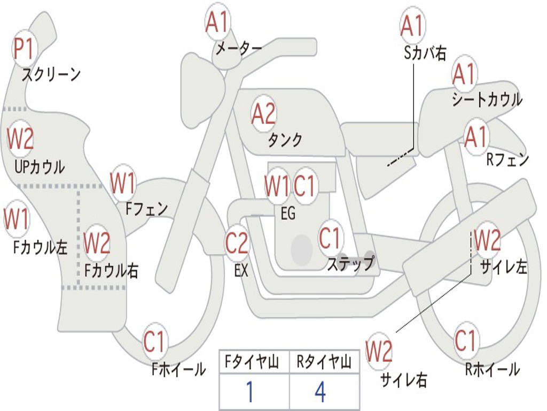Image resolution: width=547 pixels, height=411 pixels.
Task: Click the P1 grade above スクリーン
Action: [x=24, y=49]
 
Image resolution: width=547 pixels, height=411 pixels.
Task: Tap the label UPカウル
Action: [x=39, y=167]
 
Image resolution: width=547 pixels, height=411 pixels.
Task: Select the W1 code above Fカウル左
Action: [x=17, y=220]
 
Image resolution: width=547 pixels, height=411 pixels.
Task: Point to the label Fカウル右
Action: [x=112, y=270]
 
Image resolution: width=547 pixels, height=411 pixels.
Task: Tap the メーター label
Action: [x=238, y=48]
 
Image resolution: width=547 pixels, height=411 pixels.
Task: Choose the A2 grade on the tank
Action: [x=263, y=113]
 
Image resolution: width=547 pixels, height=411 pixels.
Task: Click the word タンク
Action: [x=285, y=140]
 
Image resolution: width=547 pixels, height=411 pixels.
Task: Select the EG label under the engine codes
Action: [x=288, y=214]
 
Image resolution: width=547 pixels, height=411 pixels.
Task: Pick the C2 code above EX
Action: [x=237, y=243]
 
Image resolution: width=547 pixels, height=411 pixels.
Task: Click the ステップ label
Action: [x=350, y=264]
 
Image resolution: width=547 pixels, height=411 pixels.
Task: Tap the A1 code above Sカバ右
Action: [x=412, y=25]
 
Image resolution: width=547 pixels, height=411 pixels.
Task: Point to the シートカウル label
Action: [x=487, y=100]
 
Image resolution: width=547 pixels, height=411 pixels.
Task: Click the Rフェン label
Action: [x=507, y=159]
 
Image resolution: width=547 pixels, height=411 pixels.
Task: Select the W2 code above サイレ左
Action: [x=487, y=240]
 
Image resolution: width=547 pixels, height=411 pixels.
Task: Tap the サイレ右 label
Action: [x=404, y=380]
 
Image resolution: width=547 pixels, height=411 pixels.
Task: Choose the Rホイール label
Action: [x=492, y=369]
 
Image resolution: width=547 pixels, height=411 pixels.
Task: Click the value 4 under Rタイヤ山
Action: [x=320, y=392]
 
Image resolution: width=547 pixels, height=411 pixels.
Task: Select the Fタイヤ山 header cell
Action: [x=253, y=363]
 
